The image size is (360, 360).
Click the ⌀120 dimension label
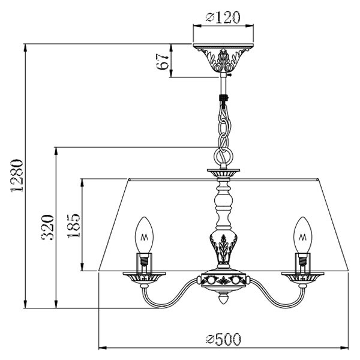tap(223, 17)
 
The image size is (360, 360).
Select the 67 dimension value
tap(163, 62)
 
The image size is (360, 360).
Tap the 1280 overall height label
tap(17, 175)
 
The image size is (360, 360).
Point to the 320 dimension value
tap(47, 227)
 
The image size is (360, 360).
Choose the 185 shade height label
tap(74, 226)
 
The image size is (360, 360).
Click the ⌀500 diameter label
tap(223, 340)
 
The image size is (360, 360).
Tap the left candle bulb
tap(144, 235)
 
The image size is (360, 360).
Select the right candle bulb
tap(303, 235)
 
